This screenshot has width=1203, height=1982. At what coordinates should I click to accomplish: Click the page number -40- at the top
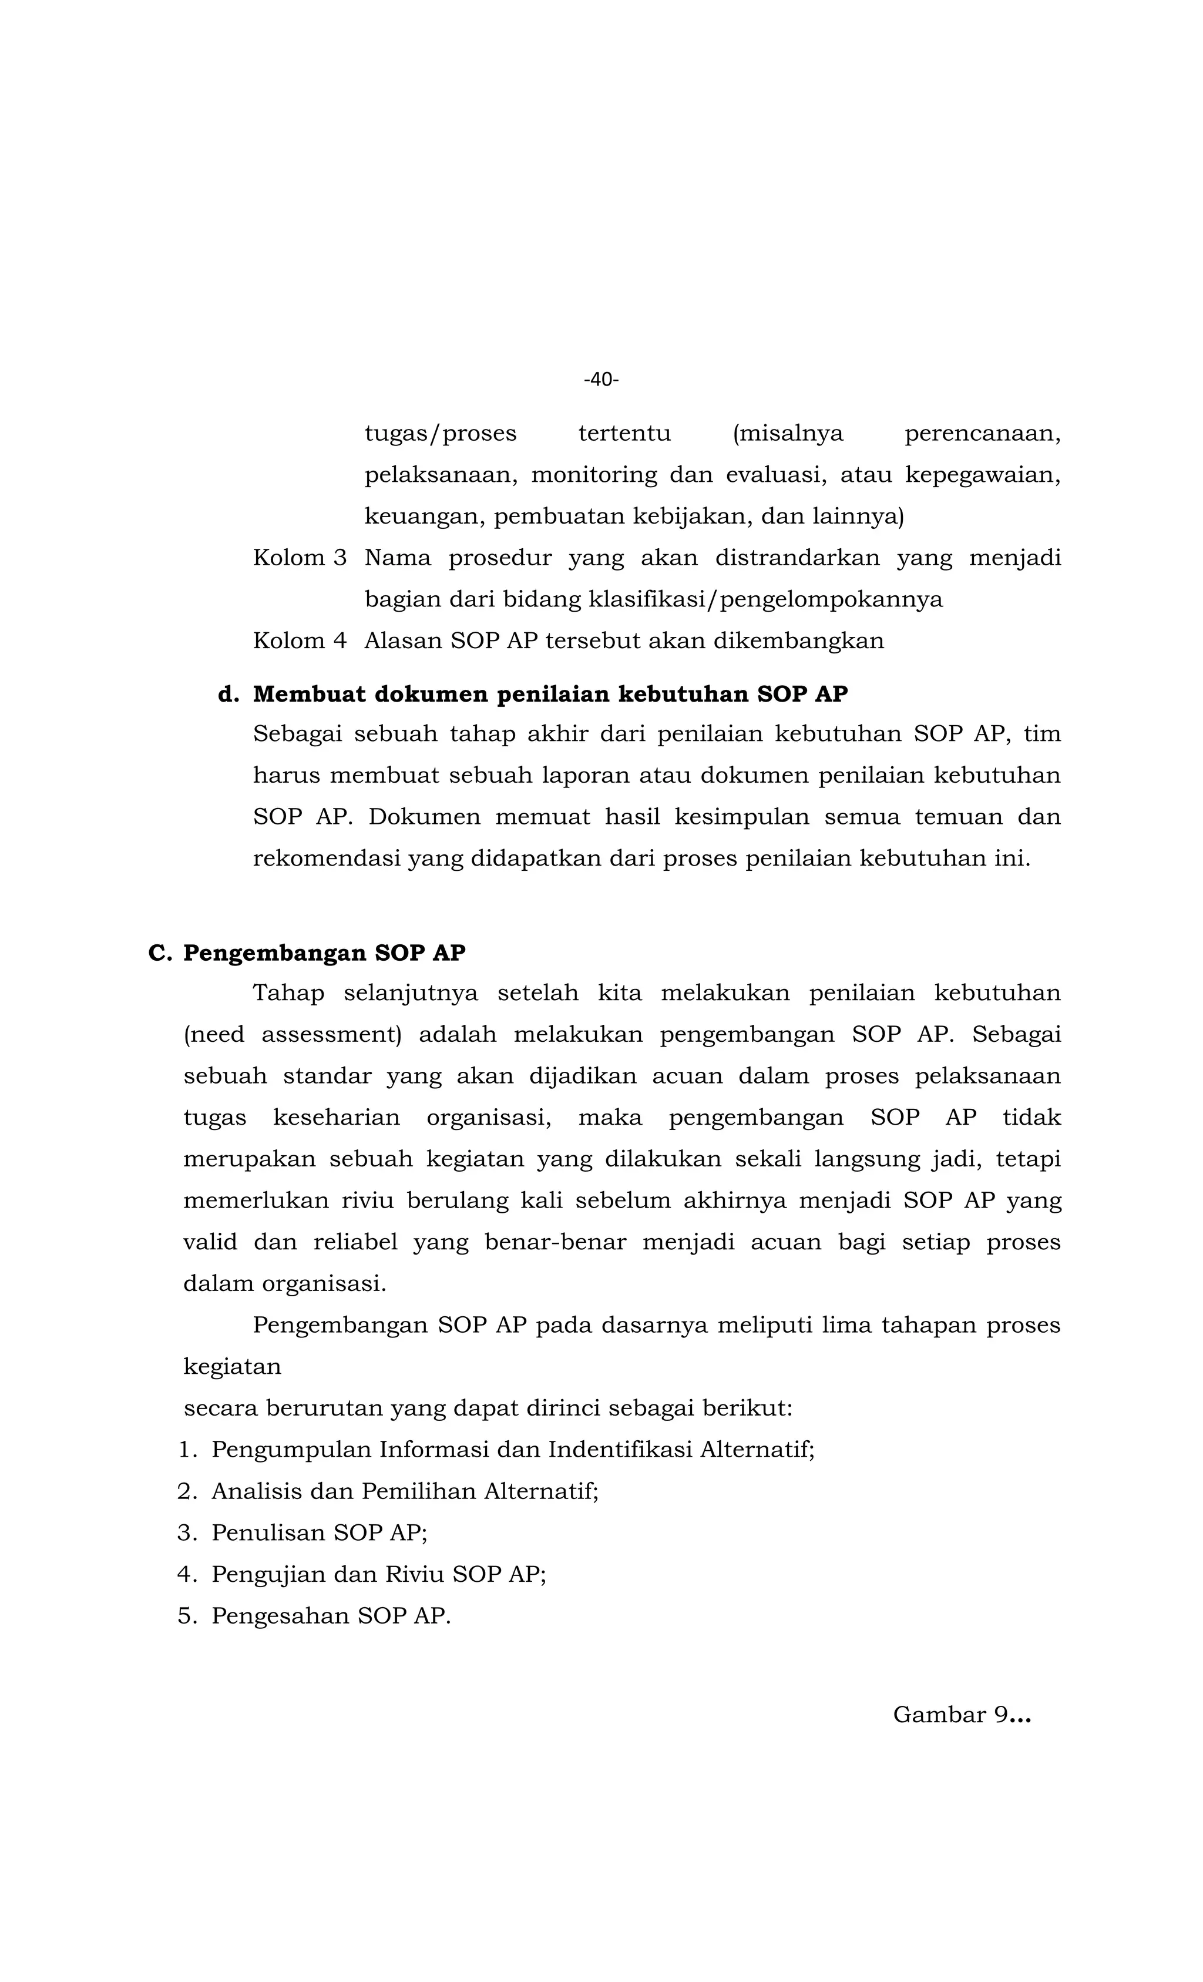[601, 380]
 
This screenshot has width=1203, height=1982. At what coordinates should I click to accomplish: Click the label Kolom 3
[299, 558]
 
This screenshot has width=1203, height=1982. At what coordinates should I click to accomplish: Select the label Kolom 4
[299, 641]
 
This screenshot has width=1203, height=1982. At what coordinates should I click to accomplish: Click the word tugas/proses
[440, 434]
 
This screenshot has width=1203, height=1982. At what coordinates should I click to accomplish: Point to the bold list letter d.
[227, 694]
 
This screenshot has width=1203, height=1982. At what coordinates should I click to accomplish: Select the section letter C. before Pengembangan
[159, 953]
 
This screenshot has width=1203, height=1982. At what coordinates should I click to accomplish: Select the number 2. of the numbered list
[187, 1491]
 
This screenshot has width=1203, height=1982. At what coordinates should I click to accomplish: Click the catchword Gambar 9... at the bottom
[961, 1715]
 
